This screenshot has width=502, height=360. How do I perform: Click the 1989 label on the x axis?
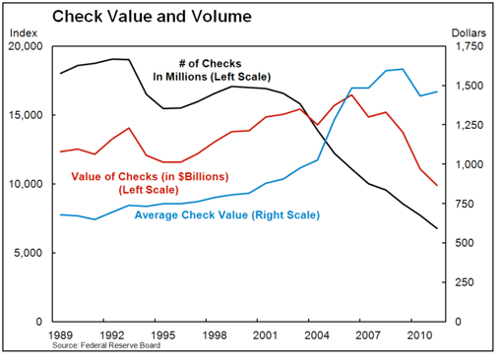pyautogui.click(x=62, y=335)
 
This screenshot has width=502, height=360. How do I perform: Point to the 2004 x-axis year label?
pyautogui.click(x=317, y=335)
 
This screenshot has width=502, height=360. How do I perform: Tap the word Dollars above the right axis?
pyautogui.click(x=470, y=33)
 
